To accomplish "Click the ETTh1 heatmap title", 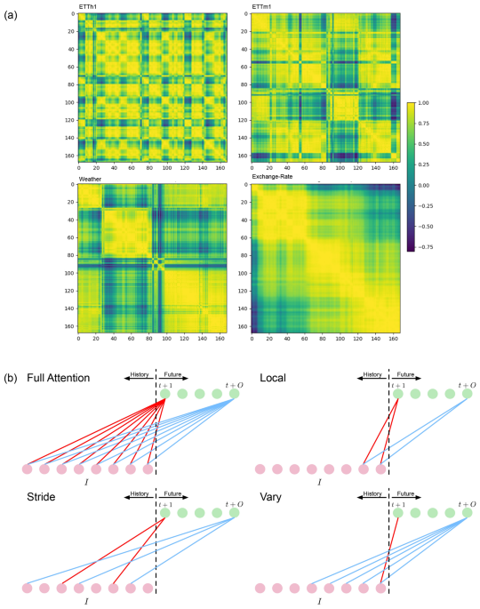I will [90, 6].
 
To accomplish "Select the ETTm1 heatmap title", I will [262, 6].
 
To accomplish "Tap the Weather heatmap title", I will [91, 179].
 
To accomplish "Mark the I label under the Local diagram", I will [319, 481].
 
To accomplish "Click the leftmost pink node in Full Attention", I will [27, 469].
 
